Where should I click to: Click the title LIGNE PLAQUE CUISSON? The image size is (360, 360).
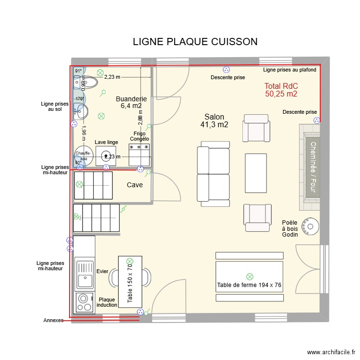(x=195, y=42)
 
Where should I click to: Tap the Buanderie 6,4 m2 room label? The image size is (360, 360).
(x=128, y=102)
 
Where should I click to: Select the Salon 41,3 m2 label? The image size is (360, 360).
(x=214, y=120)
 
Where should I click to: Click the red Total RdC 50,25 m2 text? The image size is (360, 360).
(x=281, y=90)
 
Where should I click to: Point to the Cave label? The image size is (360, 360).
(x=134, y=185)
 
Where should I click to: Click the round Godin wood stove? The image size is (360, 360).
(x=311, y=226)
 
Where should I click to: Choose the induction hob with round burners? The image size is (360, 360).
(x=85, y=302)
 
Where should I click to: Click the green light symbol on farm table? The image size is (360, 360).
(x=250, y=276)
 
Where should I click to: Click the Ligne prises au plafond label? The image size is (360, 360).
(x=289, y=70)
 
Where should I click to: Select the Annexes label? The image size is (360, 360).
(x=53, y=320)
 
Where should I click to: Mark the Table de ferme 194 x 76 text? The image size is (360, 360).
(x=249, y=285)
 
